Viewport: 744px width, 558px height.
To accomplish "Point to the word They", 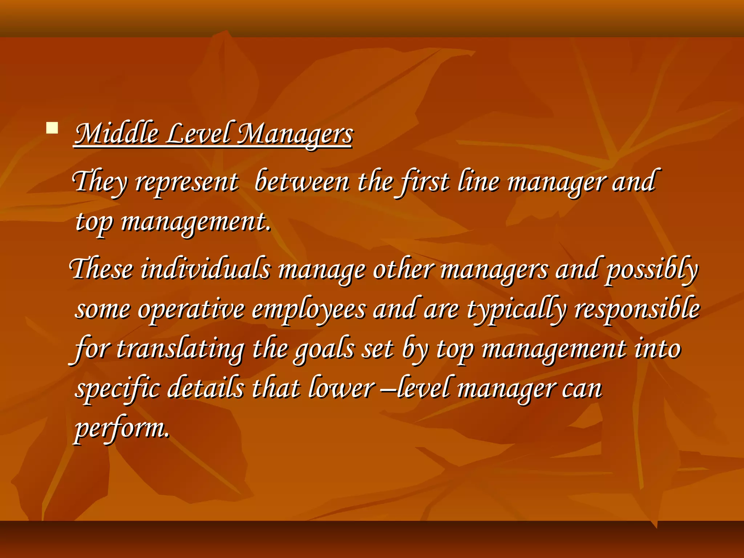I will tap(100, 182).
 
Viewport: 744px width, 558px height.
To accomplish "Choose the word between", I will tap(302, 182).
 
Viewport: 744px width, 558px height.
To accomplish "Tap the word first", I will tap(425, 182).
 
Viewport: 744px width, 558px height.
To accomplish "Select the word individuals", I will tap(206, 269).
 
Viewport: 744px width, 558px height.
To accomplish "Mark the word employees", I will tap(309, 310).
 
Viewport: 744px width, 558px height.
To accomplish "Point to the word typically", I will tap(516, 310).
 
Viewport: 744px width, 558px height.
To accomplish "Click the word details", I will tap(206, 388).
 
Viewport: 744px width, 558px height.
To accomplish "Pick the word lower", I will tap(341, 388).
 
